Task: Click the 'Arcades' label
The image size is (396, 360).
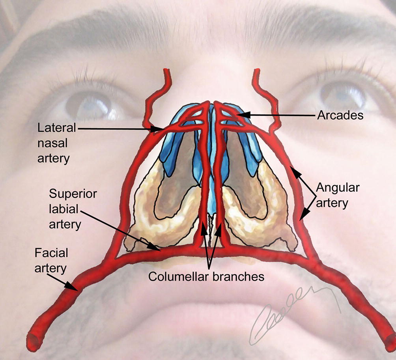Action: tap(340, 116)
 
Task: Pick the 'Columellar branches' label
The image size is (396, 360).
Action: tap(206, 276)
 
